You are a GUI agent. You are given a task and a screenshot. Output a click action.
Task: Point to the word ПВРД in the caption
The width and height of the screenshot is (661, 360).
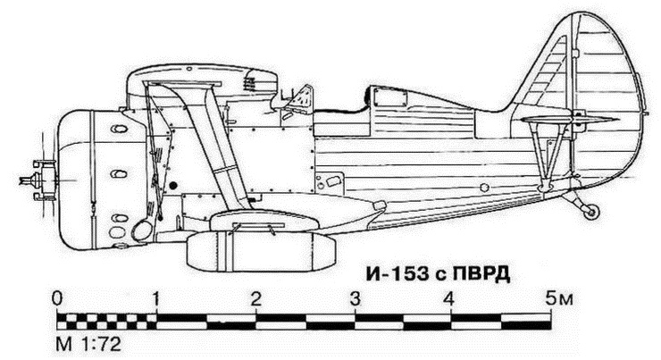tap(482, 273)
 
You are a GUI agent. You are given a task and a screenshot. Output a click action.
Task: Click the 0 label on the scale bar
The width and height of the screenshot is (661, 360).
tap(58, 297)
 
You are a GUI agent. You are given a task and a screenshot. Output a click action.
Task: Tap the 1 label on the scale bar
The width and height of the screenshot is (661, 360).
tap(157, 297)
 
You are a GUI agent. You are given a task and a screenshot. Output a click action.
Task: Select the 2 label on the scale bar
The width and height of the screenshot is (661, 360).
tap(256, 297)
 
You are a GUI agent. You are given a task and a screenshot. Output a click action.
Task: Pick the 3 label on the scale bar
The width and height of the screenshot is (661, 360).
tap(356, 297)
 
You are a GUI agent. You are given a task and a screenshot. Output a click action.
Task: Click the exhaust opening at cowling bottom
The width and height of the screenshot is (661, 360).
tap(141, 231)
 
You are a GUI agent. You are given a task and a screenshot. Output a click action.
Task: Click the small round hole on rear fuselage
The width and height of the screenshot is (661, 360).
tap(482, 188)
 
